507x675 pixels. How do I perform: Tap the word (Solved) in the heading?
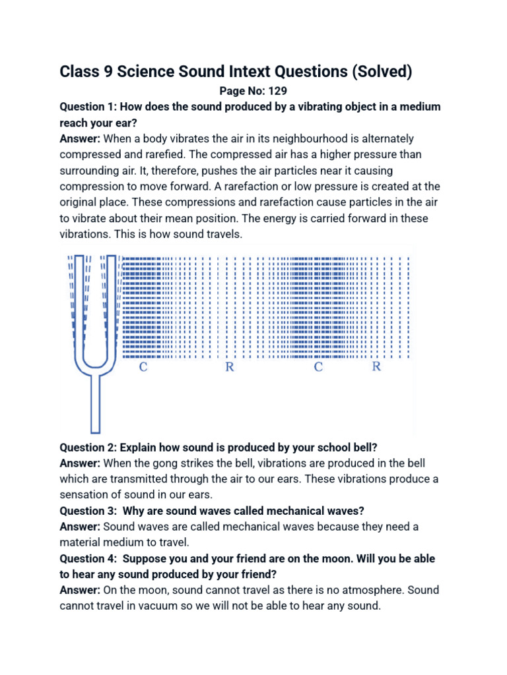382,71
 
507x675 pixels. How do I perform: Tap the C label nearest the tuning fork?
143,367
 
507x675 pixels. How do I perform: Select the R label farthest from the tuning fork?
376,367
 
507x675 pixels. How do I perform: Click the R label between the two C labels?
230,367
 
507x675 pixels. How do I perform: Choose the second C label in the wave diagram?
318,367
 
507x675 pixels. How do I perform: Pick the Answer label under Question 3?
80,527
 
